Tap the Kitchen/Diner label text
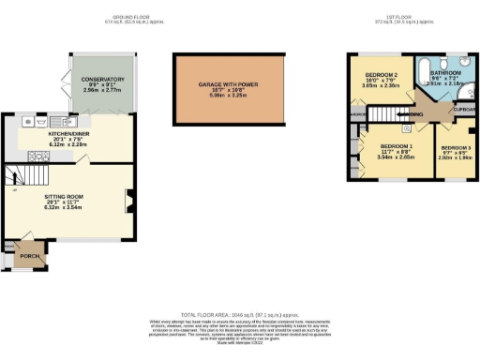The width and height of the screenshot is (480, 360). point(67,134)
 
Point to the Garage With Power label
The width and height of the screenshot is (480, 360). point(228,84)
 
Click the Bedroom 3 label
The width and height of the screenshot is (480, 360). point(457,148)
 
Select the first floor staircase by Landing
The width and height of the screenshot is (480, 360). point(384,113)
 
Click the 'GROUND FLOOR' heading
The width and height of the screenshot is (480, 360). point(133,17)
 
